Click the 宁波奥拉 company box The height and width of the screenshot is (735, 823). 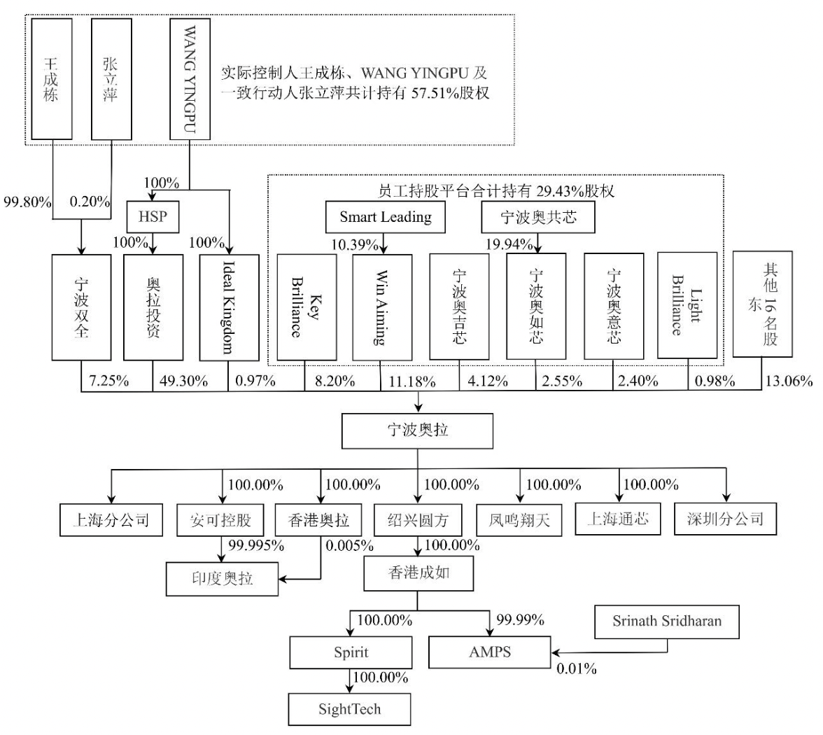point(418,430)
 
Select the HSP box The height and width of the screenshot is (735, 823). point(153,217)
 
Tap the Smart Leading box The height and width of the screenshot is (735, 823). point(385,217)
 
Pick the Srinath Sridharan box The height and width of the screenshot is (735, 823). point(666,622)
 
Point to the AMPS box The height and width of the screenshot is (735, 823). point(490,652)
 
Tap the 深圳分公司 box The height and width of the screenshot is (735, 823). point(725,519)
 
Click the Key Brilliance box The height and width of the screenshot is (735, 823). point(304,307)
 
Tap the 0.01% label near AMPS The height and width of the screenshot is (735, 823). point(577,669)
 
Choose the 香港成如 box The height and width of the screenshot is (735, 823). point(418,573)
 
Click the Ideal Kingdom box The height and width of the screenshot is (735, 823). point(228,307)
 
